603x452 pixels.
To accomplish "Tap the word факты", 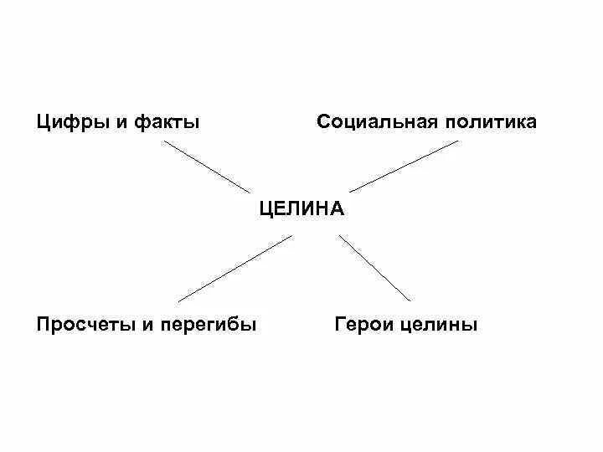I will (x=167, y=123).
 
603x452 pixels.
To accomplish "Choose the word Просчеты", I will (x=84, y=324).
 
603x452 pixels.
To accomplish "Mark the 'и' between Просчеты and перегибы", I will (x=147, y=324).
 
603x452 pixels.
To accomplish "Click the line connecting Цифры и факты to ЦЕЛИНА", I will (x=206, y=167).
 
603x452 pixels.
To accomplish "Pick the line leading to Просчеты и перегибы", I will (x=235, y=268).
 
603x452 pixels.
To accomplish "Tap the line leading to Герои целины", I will (x=375, y=268).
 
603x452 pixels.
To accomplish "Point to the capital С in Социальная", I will (x=324, y=122).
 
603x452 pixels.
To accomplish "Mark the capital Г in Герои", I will (x=340, y=324).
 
